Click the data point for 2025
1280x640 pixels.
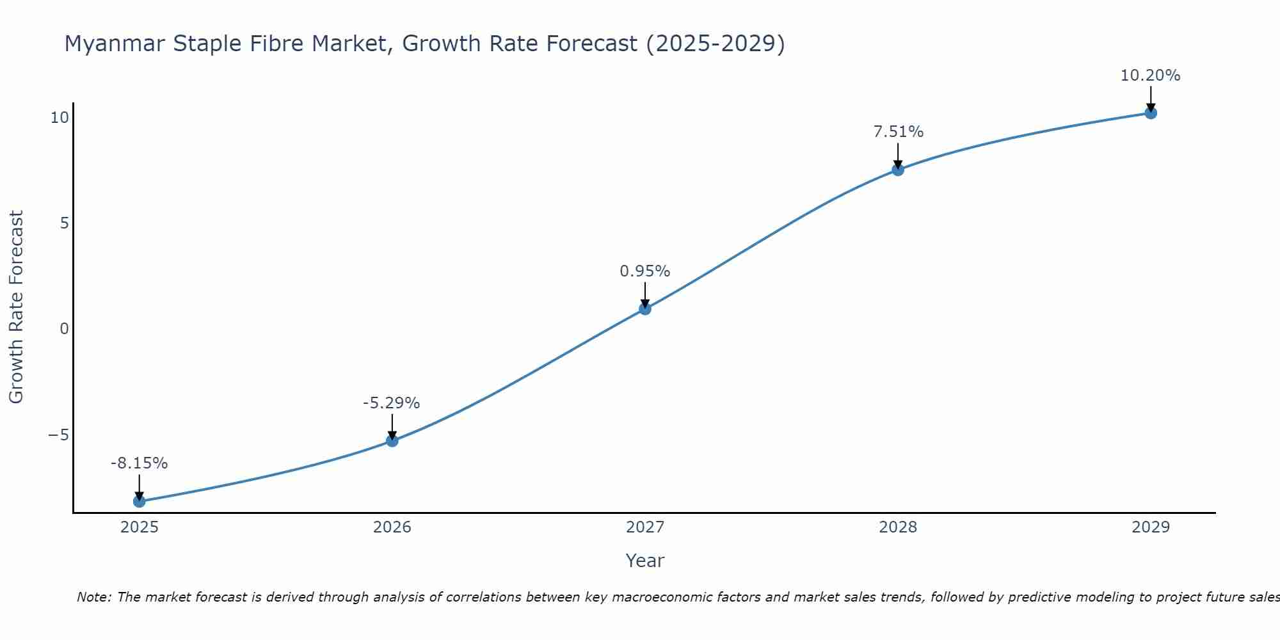139,501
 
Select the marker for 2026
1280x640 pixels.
392,441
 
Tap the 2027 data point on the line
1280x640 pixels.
645,309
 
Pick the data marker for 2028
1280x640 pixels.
898,170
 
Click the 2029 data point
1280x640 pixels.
1151,113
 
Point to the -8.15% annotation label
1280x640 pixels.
139,463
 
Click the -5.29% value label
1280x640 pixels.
391,403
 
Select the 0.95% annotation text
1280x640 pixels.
644,271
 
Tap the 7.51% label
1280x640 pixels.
898,132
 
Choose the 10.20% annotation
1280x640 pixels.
1150,76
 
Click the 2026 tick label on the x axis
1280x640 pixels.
392,527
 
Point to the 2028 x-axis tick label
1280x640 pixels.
898,527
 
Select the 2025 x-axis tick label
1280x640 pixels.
140,527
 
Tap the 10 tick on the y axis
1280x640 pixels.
60,118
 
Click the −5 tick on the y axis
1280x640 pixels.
58,435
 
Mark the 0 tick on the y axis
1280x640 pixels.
64,329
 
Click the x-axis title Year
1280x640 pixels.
644,561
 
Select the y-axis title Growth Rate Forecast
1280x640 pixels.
16,307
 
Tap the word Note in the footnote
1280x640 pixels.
93,597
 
